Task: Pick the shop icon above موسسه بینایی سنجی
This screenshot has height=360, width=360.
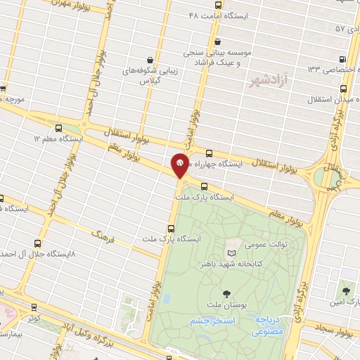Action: [x=217, y=42]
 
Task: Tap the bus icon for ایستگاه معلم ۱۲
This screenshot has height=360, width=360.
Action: [x=58, y=129]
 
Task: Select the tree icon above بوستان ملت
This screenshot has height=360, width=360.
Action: [x=226, y=293]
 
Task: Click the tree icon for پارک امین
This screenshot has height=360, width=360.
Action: [x=345, y=290]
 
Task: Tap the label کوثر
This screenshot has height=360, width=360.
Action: [x=34, y=319]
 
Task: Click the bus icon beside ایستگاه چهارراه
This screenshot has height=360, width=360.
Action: [x=209, y=153]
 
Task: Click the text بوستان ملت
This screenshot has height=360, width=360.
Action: [x=225, y=305]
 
